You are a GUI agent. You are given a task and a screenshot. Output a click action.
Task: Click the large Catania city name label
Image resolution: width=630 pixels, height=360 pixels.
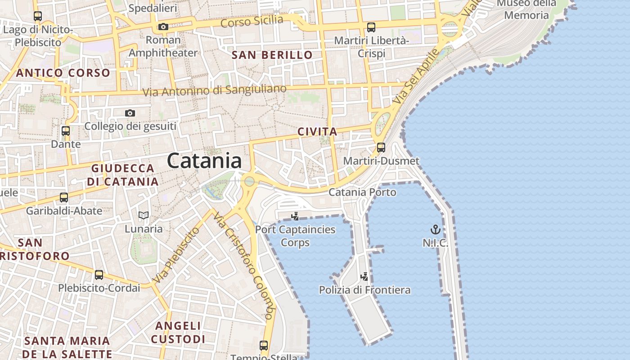point(204,161)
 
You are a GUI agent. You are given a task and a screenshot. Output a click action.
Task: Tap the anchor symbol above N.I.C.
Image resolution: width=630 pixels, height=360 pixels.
point(435,230)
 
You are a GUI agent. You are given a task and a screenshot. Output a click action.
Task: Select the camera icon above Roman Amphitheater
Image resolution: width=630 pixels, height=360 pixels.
point(163,27)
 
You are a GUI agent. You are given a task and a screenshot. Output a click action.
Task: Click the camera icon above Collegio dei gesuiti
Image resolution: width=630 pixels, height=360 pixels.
point(130,113)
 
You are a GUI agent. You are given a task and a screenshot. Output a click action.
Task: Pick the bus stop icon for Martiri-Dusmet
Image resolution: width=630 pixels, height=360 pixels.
point(381,147)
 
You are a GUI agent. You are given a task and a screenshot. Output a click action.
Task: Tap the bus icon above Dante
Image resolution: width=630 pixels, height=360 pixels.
point(66,131)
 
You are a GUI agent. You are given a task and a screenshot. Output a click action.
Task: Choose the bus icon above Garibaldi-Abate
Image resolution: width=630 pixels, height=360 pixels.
point(64,197)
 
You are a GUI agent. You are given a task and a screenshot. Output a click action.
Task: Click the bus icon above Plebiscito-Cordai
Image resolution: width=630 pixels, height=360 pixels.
point(99,274)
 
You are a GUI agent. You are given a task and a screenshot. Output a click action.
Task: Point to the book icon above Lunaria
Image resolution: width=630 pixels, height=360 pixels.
point(144,216)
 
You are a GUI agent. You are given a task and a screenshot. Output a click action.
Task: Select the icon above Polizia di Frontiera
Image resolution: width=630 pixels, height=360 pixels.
point(364,277)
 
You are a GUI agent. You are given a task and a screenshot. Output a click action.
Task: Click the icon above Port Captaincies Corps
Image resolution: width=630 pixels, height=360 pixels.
point(295,216)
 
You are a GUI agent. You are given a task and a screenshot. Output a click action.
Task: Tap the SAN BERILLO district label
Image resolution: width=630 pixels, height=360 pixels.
point(272,55)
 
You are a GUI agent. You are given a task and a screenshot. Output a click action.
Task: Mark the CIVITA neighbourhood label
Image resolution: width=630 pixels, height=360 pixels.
point(317,131)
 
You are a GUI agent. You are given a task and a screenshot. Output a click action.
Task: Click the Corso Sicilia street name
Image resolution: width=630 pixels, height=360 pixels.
point(252,21)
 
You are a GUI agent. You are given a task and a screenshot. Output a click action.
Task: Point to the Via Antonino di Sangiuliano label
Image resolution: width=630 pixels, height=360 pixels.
point(214,90)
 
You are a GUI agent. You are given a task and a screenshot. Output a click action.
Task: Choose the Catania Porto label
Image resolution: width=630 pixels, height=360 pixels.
point(362,192)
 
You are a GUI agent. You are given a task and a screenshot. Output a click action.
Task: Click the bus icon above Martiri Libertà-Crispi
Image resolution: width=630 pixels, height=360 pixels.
point(371,27)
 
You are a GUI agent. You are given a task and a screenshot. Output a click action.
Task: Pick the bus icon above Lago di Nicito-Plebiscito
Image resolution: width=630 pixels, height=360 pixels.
point(38,16)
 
